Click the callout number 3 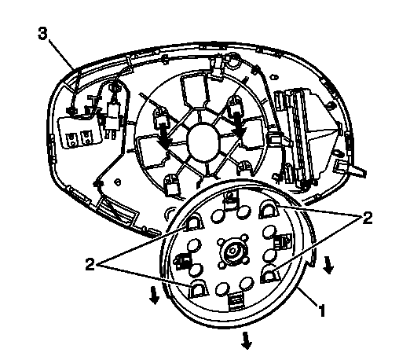43,34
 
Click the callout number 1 321,310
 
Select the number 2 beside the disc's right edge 368,218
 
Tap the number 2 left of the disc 90,264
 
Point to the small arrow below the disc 246,340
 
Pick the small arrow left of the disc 154,296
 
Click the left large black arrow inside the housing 164,132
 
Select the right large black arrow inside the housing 239,124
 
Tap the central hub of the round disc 232,252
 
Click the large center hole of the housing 203,141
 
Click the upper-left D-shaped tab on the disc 194,222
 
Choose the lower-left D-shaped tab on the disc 198,288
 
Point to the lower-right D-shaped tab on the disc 269,274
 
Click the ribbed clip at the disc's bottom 235,301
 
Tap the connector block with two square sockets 80,132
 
